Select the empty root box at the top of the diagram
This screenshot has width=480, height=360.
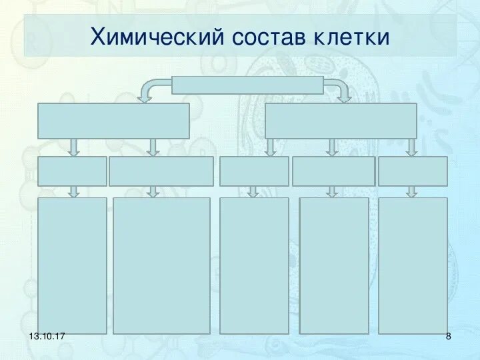[247, 85]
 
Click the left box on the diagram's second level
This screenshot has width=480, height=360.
[113, 121]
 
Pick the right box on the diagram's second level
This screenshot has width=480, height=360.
[341, 121]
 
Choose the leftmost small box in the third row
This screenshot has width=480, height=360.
[72, 171]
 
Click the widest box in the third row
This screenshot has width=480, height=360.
[161, 171]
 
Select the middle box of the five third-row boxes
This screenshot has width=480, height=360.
[254, 171]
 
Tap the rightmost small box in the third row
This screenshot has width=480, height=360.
[413, 171]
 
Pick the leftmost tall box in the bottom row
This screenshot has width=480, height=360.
[72, 265]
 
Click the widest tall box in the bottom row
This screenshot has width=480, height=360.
[161, 265]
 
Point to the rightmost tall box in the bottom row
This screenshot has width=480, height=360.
[413, 265]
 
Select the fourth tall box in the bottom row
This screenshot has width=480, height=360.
[334, 265]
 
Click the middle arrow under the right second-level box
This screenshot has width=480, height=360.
[332, 147]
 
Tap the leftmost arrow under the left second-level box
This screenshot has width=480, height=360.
[74, 147]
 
